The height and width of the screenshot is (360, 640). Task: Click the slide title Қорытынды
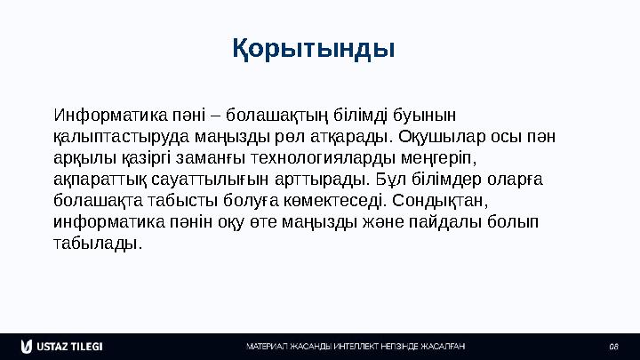point(314,46)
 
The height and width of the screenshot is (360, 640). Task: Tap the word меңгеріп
point(438,158)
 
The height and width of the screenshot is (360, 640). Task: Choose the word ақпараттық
point(96,180)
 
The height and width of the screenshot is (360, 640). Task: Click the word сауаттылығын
point(205,180)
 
